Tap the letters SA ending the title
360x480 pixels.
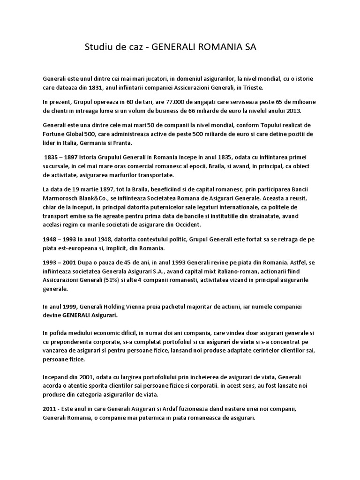(x=250, y=47)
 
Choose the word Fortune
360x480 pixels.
(x=55, y=134)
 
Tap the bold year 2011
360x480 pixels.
(x=50, y=409)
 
